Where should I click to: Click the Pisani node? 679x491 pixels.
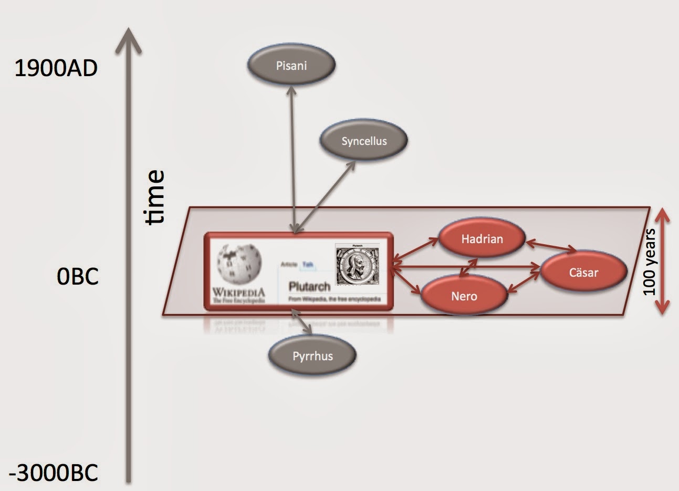tap(291, 66)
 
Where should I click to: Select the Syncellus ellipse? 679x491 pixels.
tap(363, 141)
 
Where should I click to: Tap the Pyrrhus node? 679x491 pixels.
tap(312, 356)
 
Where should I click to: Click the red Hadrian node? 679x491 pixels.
tap(482, 239)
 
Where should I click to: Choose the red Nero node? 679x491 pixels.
tap(464, 296)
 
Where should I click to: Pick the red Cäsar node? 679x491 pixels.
tap(583, 272)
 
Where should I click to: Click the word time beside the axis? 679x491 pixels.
tap(155, 197)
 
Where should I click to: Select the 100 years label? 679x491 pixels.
tap(650, 262)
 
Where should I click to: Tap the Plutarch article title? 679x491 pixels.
tap(309, 286)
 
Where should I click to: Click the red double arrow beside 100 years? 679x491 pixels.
tap(663, 261)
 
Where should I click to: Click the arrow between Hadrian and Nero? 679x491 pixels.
tap(468, 267)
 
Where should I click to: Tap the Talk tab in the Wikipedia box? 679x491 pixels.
tap(307, 265)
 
